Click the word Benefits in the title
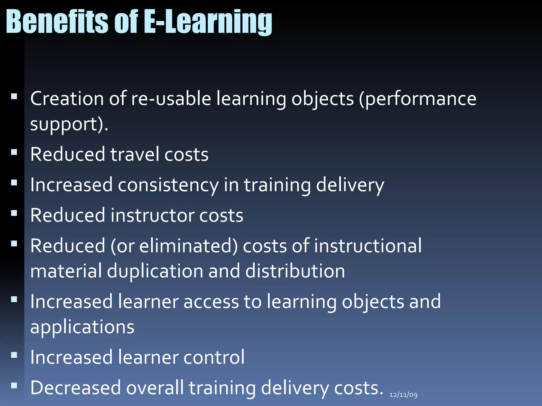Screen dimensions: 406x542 [57, 22]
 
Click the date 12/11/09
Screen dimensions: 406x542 [403, 395]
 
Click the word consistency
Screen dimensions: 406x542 [168, 185]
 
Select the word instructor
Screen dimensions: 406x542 [152, 215]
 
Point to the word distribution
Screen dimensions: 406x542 [295, 271]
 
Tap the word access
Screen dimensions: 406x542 [211, 302]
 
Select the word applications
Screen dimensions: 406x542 [82, 327]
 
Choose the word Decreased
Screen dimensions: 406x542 [75, 388]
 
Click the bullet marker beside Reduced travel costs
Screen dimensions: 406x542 [14, 152]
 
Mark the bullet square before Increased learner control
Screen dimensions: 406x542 [14, 355]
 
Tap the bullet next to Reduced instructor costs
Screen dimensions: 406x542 [14, 213]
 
